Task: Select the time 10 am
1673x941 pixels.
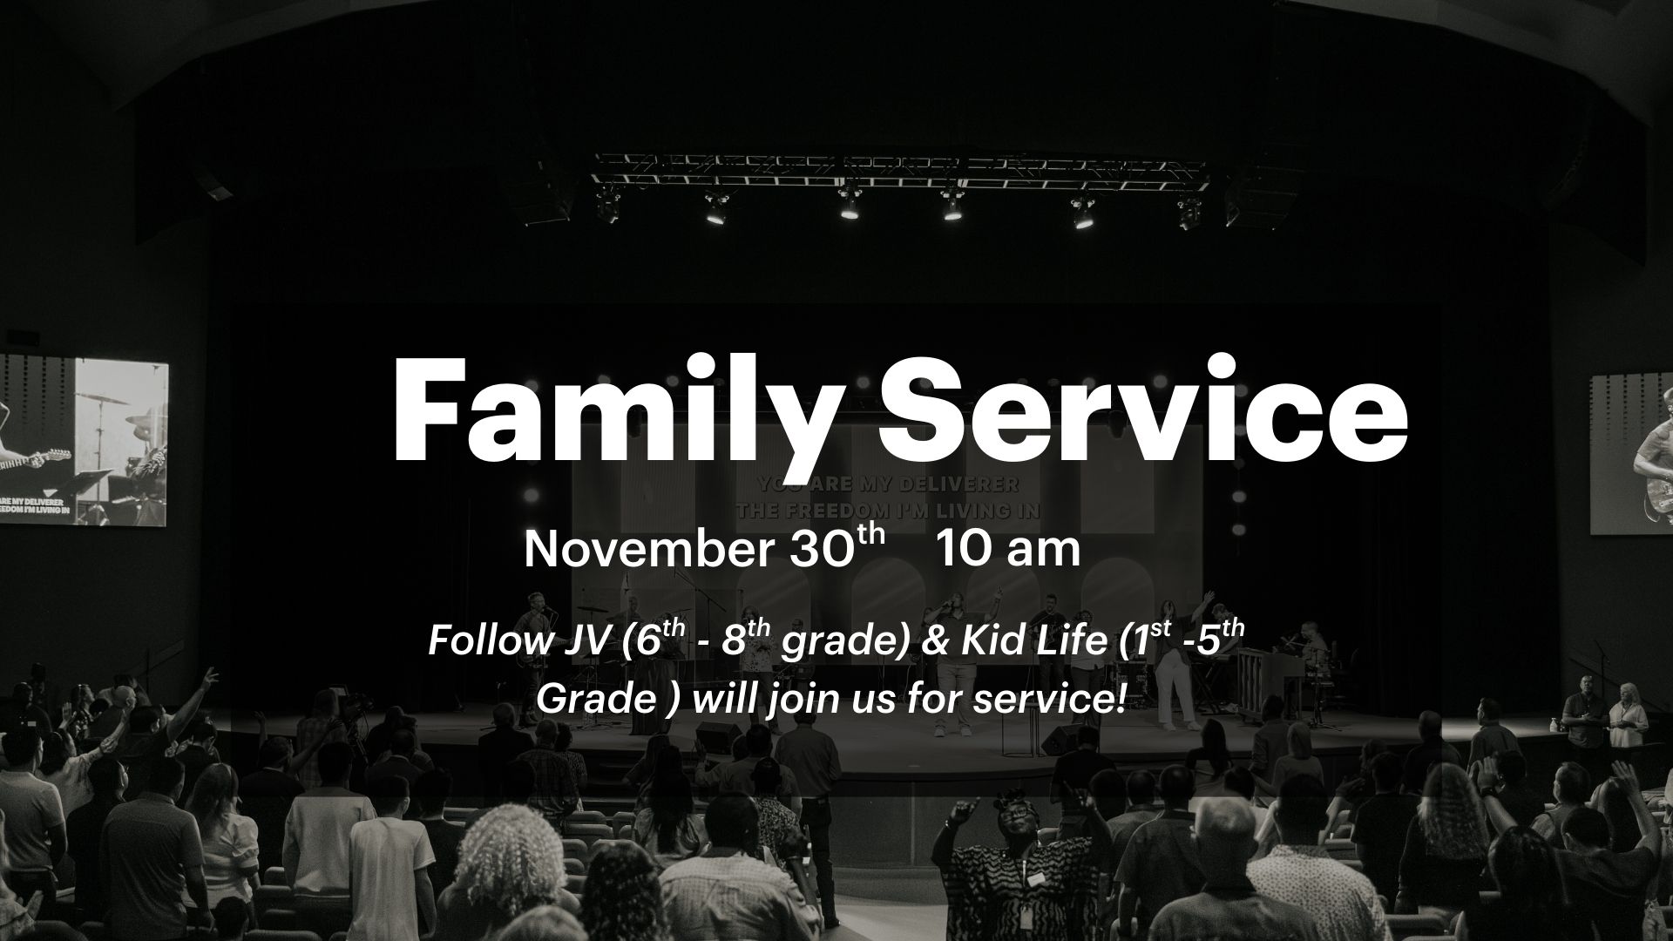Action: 1008,550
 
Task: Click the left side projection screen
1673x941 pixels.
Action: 84,441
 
